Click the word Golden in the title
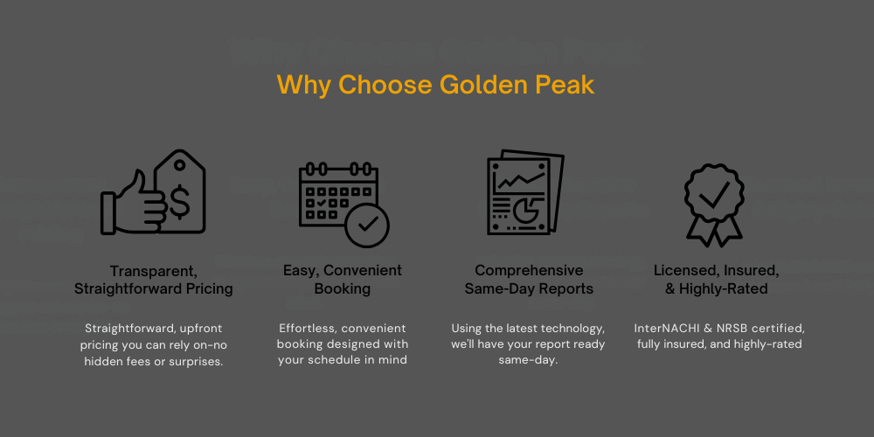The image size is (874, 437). (482, 85)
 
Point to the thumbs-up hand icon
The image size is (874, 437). (134, 203)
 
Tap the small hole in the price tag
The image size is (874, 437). (179, 165)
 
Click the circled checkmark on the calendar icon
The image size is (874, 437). (367, 225)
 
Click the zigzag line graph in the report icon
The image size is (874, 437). (520, 179)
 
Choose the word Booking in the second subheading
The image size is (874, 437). (343, 289)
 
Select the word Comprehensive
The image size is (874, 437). (529, 271)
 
